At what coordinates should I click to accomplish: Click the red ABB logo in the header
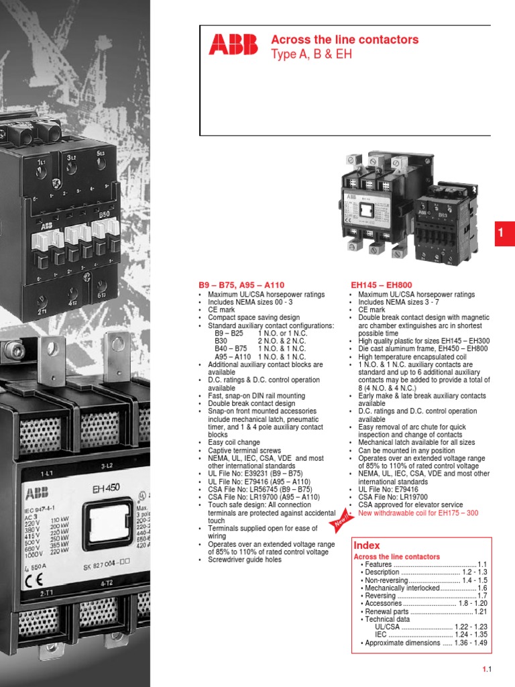(x=232, y=44)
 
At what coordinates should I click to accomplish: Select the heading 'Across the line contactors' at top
(x=344, y=40)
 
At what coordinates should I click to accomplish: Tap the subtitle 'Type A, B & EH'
(x=310, y=54)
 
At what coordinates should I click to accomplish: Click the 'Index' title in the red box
(x=366, y=546)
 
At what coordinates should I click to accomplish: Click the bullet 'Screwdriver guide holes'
(x=245, y=560)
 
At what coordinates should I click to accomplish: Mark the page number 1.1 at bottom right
(x=488, y=670)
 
